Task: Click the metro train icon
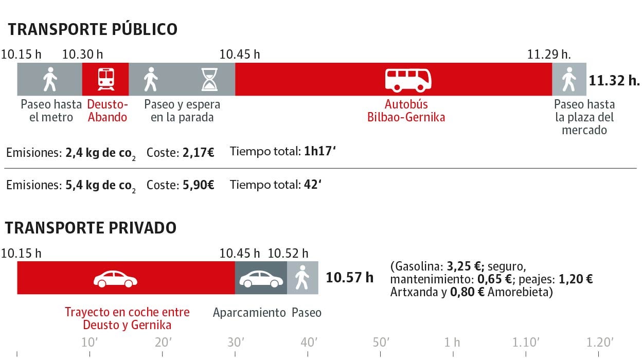click(105, 79)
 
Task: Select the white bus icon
click(408, 80)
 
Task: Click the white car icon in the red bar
click(115, 279)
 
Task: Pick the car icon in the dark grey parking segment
click(261, 279)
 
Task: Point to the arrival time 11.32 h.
click(614, 80)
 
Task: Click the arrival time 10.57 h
click(350, 278)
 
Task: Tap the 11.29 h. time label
click(549, 54)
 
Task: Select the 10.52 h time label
click(288, 253)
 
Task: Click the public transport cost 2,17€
click(198, 152)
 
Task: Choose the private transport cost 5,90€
click(198, 185)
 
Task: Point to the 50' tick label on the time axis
click(381, 343)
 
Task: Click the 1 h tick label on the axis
click(453, 343)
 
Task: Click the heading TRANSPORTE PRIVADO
click(91, 228)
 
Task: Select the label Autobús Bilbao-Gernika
click(406, 111)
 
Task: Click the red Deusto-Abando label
click(107, 111)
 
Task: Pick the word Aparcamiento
click(249, 312)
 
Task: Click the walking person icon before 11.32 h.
click(568, 80)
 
